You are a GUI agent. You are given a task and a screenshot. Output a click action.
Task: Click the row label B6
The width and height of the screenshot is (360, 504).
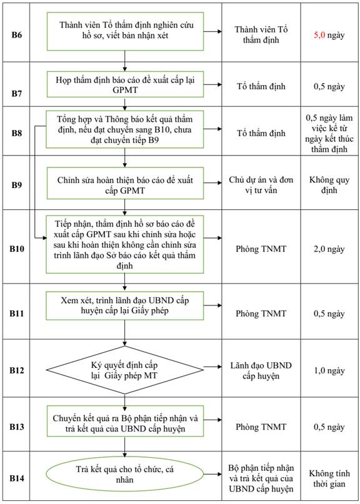point(17,35)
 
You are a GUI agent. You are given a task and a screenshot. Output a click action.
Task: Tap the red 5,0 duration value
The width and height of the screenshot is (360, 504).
point(319,35)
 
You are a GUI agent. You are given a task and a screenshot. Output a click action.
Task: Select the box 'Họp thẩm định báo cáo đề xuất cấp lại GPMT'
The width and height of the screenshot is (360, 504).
point(125,84)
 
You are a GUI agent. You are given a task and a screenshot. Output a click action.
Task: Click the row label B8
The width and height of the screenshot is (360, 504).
point(17,134)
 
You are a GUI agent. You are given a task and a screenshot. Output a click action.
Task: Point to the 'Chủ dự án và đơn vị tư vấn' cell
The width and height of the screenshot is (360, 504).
point(261,185)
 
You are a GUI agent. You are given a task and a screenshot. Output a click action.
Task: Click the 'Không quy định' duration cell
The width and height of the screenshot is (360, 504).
point(329,185)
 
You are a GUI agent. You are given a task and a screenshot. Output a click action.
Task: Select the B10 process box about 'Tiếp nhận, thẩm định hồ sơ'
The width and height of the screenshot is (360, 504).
point(125,245)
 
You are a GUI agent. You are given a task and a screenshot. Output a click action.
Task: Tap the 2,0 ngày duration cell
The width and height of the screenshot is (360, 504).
point(329,249)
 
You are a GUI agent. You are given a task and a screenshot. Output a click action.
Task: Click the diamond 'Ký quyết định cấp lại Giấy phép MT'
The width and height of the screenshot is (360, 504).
point(125,370)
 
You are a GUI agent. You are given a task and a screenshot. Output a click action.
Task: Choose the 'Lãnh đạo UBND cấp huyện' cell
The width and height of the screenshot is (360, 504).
point(261,370)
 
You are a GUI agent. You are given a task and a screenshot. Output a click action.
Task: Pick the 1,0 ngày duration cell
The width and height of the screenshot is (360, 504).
point(329,370)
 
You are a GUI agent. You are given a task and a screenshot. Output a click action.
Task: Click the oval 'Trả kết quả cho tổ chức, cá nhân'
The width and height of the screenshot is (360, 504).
point(125,475)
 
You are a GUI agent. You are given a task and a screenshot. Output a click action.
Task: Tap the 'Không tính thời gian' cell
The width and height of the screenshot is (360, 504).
point(329,478)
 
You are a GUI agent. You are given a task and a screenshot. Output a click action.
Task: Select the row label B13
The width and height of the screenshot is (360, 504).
point(17,427)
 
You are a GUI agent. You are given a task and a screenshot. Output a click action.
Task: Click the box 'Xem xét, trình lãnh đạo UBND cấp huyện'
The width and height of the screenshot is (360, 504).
point(125,305)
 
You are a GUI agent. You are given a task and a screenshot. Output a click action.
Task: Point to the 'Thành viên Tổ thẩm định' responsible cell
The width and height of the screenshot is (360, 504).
point(261,35)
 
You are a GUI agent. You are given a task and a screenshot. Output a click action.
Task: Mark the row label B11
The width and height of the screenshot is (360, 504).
point(17,314)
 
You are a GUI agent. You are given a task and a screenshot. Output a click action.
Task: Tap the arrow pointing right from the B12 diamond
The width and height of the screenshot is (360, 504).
point(212,367)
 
